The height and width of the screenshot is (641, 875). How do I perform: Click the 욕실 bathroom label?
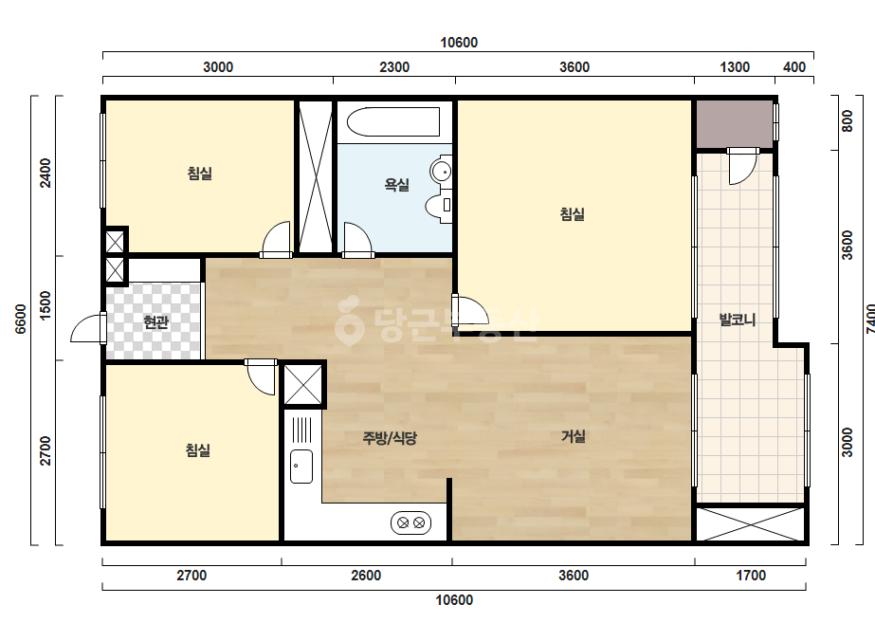[x=397, y=184]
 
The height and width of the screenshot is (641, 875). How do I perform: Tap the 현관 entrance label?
[x=155, y=322]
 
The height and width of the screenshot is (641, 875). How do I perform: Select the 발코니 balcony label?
[x=737, y=320]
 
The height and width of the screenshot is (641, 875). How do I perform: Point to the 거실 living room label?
[x=574, y=436]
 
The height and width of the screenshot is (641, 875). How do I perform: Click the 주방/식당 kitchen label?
[x=390, y=438]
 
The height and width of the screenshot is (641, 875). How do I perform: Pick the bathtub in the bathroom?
[x=392, y=121]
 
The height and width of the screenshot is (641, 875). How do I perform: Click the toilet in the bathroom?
[x=439, y=205]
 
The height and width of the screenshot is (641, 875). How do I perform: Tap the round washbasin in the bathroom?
[x=441, y=171]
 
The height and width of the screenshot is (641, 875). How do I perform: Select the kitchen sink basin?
[x=301, y=467]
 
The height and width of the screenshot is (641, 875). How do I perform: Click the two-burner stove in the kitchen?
[x=410, y=523]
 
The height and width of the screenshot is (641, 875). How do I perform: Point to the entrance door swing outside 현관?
[x=88, y=328]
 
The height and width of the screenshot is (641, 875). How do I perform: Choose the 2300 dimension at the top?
[x=394, y=67]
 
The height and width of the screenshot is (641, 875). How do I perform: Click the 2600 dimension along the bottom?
[x=366, y=576]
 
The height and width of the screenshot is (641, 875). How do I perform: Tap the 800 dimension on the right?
[x=848, y=121]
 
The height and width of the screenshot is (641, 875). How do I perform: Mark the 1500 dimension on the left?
[x=46, y=305]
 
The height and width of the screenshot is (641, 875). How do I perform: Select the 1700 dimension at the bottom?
[x=751, y=576]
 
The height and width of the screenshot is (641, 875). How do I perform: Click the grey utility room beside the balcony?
[x=734, y=124]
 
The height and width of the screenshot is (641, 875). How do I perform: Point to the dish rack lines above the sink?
[x=301, y=430]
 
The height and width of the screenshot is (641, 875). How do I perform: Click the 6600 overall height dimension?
[x=20, y=319]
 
